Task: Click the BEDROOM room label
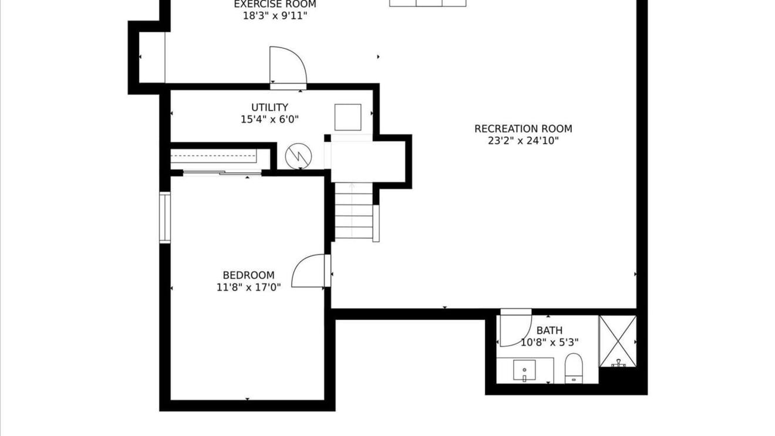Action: tap(248, 275)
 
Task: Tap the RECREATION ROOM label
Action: tap(523, 129)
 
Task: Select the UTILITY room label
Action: tap(269, 107)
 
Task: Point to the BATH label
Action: tap(550, 330)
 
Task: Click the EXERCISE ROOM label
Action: tap(275, 5)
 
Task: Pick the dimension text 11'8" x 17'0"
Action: tap(248, 288)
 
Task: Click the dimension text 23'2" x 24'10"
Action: tap(523, 141)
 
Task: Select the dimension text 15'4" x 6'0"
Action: tap(269, 119)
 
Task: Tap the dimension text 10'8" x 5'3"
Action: tap(550, 342)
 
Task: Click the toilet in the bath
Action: tap(574, 369)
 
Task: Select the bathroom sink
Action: tap(524, 371)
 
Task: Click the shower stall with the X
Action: tap(618, 342)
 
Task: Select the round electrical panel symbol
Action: tap(298, 156)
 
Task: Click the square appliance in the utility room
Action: tap(348, 117)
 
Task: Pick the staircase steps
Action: tap(353, 211)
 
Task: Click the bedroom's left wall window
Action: tap(165, 218)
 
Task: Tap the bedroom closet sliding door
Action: tap(222, 173)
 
